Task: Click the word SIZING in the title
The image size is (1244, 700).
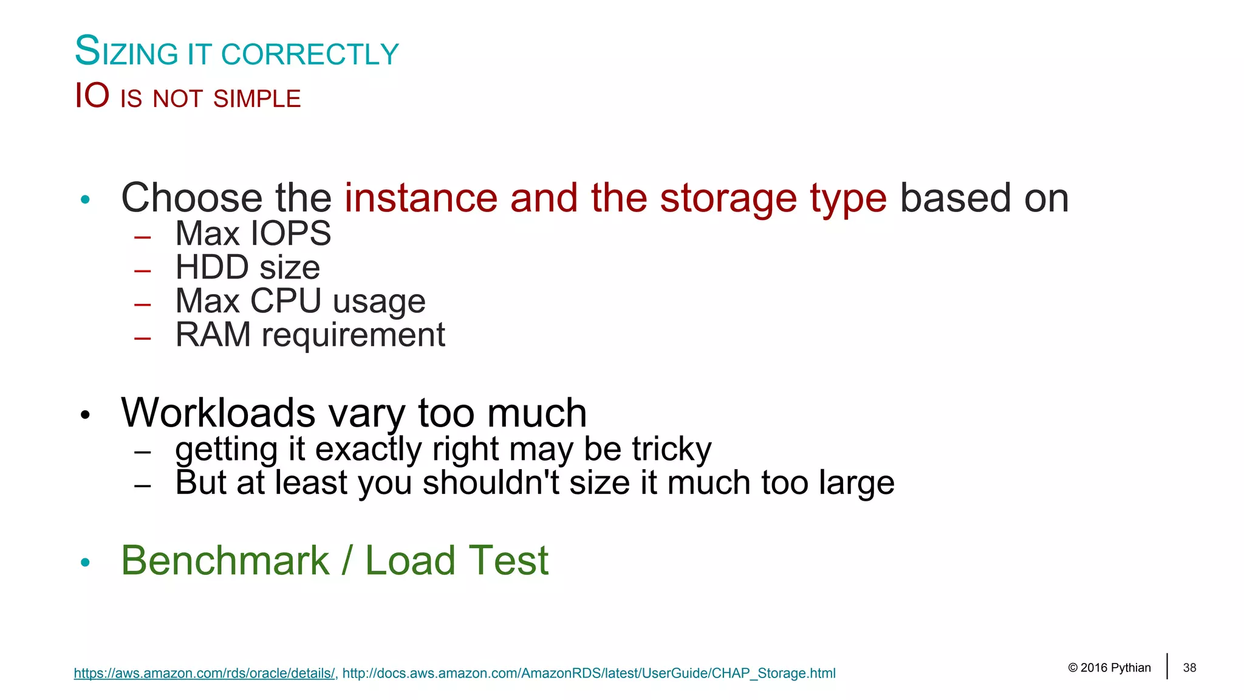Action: tap(126, 52)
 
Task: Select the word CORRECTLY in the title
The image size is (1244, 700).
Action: tap(310, 55)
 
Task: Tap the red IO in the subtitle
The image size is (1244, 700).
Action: tap(92, 96)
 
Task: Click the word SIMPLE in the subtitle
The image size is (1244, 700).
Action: tap(257, 99)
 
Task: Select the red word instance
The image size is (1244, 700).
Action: tap(421, 198)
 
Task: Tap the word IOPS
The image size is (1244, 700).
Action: tap(291, 233)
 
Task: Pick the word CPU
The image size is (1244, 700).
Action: tap(285, 301)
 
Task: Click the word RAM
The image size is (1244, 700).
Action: tap(213, 335)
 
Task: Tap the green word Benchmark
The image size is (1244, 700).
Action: tap(225, 560)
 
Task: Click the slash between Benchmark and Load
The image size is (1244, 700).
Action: tap(347, 560)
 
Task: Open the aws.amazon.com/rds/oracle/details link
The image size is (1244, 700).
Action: tap(204, 673)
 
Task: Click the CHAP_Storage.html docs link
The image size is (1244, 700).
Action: tap(589, 673)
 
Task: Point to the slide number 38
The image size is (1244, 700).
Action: tap(1189, 668)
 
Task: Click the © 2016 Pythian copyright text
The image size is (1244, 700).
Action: tap(1109, 668)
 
